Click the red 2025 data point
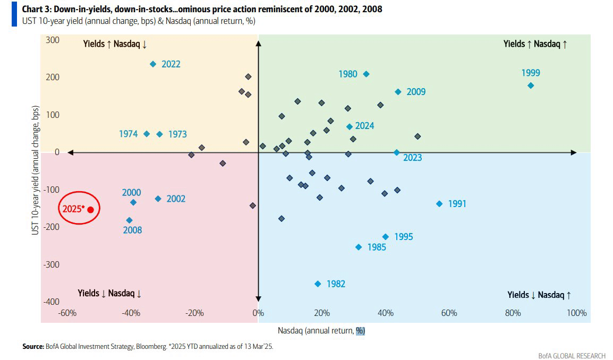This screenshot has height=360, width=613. tap(90, 210)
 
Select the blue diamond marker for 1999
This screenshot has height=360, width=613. tap(530, 85)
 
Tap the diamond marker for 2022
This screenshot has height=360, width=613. tap(153, 64)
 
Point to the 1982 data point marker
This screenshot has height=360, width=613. tap(318, 284)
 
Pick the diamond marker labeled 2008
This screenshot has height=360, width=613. tap(129, 220)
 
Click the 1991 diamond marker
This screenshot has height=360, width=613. tap(439, 204)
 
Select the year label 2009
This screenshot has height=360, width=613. tap(416, 92)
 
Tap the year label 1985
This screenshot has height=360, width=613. tap(376, 247)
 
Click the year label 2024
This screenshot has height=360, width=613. tap(364, 126)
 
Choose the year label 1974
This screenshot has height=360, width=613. tap(129, 134)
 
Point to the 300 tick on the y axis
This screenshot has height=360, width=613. tap(52, 40)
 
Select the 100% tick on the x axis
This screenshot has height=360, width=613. tap(576, 313)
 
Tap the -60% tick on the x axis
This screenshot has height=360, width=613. tap(67, 313)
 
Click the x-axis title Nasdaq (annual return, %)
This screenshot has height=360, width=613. tap(321, 331)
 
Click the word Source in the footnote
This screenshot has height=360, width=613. tap(32, 347)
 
